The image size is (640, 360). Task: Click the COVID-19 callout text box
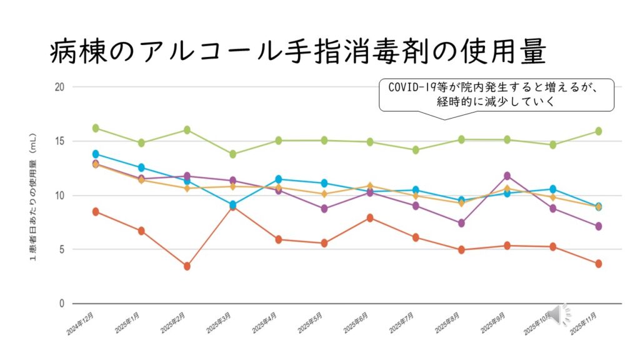pyautogui.click(x=497, y=94)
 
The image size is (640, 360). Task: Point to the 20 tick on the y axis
pyautogui.click(x=60, y=87)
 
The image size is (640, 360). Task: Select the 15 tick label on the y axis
pyautogui.click(x=60, y=141)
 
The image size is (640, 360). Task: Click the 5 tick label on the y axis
pyautogui.click(x=62, y=249)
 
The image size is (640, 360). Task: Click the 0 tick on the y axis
pyautogui.click(x=62, y=304)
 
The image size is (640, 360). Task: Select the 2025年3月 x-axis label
pyautogui.click(x=217, y=324)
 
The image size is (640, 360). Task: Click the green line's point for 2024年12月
pyautogui.click(x=96, y=128)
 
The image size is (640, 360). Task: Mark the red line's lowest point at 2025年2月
pyautogui.click(x=187, y=266)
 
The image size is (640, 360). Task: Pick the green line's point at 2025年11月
pyautogui.click(x=598, y=131)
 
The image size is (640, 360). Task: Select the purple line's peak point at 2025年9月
pyautogui.click(x=507, y=176)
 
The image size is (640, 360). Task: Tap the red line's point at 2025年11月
pyautogui.click(x=598, y=264)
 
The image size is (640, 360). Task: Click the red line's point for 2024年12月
pyautogui.click(x=96, y=211)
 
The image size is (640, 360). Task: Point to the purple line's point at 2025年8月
pyautogui.click(x=461, y=223)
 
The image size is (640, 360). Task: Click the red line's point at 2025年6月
pyautogui.click(x=370, y=217)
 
